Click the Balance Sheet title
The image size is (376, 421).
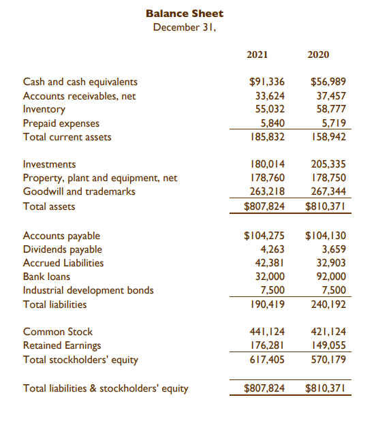(x=184, y=14)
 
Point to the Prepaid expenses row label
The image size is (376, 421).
(x=61, y=123)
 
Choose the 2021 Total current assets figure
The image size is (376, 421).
(x=267, y=136)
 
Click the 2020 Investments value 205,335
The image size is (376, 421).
(x=328, y=164)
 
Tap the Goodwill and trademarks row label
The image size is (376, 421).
(x=79, y=191)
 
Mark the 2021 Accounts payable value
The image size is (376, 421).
(x=264, y=236)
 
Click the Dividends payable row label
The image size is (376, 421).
(x=62, y=249)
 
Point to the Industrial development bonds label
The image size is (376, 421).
(x=89, y=290)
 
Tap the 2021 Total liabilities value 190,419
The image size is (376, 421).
(x=267, y=305)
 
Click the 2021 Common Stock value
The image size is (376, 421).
(x=267, y=332)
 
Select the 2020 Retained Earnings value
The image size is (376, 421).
(x=328, y=345)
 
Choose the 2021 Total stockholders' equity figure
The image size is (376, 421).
(x=267, y=359)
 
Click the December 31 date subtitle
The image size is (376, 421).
(x=184, y=27)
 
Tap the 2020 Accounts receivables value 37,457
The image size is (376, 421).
(x=330, y=96)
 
